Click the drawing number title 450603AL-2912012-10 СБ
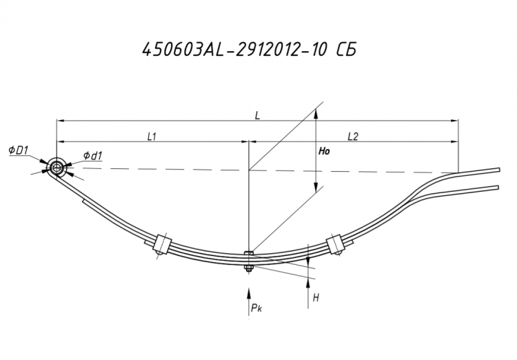click(250, 50)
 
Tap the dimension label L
click(258, 115)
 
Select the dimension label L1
click(152, 137)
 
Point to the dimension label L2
click(353, 137)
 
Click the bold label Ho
click(324, 152)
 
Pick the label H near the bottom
click(316, 299)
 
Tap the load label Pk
click(256, 308)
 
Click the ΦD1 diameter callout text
click(19, 151)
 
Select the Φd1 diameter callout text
click(92, 155)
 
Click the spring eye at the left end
click(57, 168)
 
